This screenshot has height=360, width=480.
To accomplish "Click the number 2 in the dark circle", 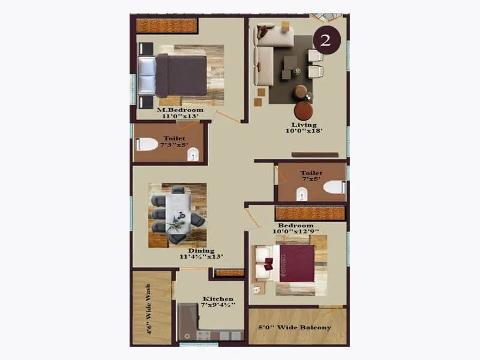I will point(326,40).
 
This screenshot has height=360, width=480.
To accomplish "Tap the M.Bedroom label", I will point(180,110).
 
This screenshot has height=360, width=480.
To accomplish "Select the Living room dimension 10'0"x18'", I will point(304,130).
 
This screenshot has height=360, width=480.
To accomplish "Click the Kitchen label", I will point(218,299).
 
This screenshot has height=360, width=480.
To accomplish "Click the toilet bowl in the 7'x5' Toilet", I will point(334,187).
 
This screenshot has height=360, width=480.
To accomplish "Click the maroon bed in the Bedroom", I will point(294,262).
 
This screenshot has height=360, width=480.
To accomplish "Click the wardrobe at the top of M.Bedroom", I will point(167,26).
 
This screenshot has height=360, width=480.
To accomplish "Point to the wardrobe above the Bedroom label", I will point(310,213).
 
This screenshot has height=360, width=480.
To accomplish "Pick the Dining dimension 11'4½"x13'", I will point(201,257).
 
